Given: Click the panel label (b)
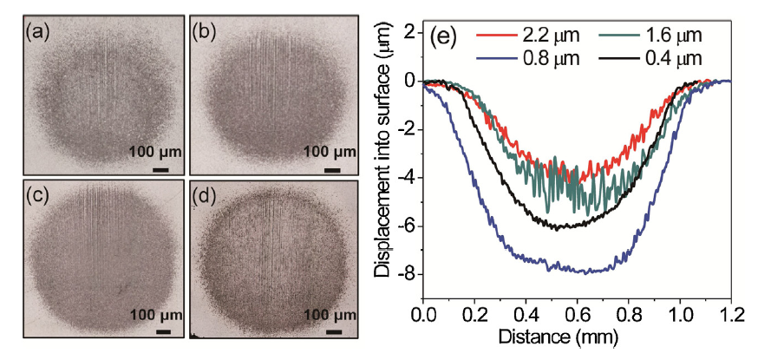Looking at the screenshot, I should pos(205,33).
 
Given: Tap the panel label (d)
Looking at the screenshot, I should pos(205,196).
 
